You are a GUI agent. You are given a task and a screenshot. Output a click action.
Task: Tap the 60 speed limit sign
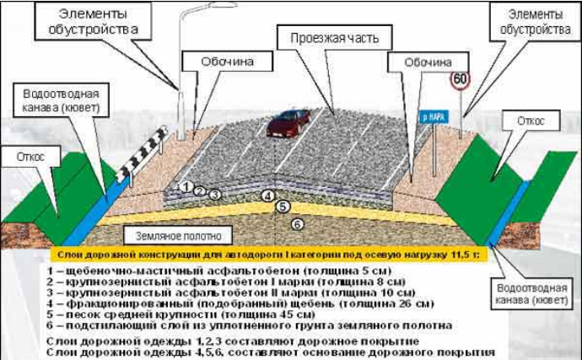(x=460, y=80)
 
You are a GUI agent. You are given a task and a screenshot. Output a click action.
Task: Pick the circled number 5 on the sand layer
(x=283, y=207)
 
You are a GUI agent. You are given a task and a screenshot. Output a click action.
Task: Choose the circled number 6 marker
(x=297, y=223)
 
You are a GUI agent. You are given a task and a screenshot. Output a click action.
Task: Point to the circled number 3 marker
(x=215, y=195)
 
